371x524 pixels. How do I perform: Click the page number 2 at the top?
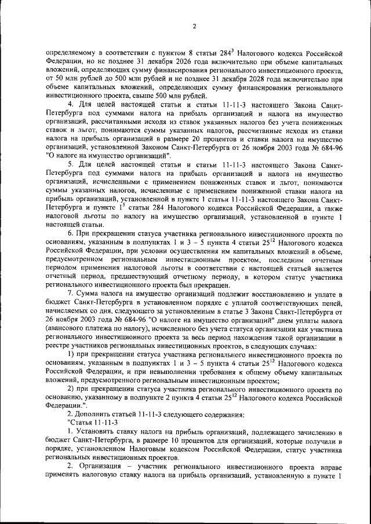click(194, 26)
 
